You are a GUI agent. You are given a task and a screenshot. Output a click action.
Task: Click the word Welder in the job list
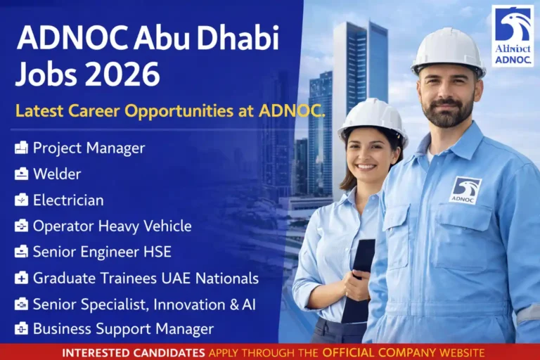click(x=57, y=174)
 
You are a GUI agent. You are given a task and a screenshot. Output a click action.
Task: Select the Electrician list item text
click(x=68, y=200)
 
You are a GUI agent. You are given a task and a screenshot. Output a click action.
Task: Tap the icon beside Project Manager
click(x=22, y=148)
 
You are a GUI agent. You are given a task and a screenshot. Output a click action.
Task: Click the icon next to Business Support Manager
click(x=22, y=328)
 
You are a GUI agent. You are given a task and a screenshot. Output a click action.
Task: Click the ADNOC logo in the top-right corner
click(x=512, y=36)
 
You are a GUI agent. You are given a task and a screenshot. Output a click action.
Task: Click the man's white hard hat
click(x=448, y=51)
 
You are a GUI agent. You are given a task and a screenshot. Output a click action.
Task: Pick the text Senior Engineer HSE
click(x=102, y=252)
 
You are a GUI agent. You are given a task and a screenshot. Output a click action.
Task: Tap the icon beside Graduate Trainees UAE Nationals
click(x=22, y=278)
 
